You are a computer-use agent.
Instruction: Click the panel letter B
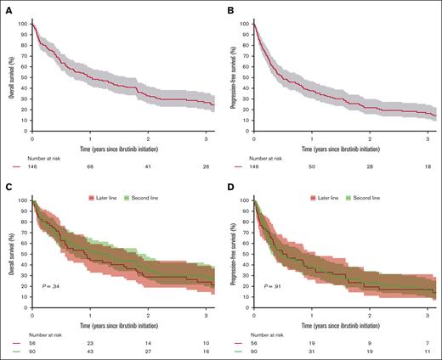click(229, 5)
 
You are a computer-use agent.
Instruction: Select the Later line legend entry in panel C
click(99, 198)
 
